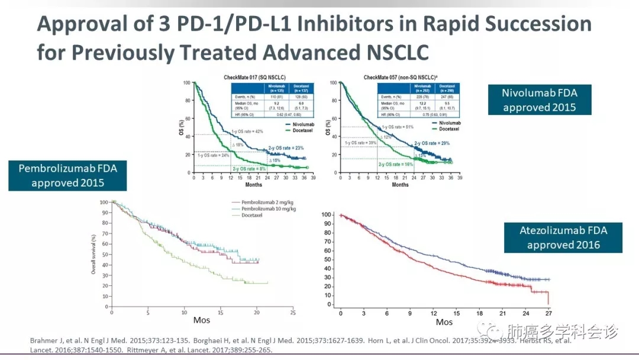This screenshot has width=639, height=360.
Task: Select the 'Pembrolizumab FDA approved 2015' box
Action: pos(67,176)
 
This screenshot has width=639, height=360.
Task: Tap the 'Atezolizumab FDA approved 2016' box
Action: pos(563,237)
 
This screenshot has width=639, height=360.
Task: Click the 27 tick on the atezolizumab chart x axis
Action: pos(548,313)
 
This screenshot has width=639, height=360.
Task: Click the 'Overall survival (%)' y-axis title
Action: pos(93,254)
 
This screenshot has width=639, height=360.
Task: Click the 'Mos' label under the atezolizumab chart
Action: pos(444,322)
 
